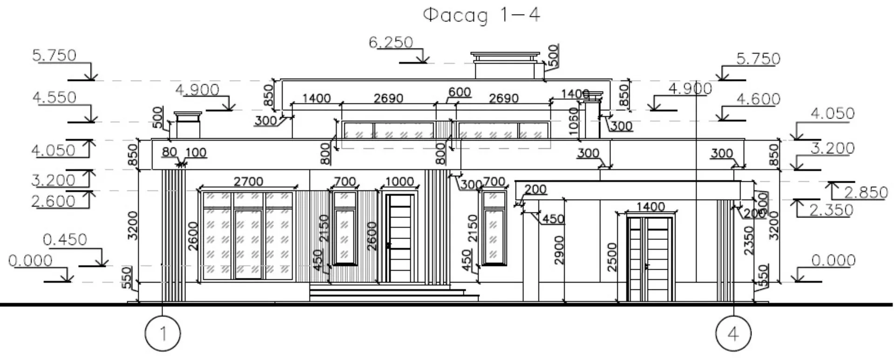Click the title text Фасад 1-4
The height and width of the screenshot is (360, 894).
[481, 15]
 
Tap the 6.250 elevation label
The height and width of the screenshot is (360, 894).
[391, 42]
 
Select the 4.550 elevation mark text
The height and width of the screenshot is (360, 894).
[54, 97]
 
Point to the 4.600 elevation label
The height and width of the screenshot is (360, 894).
[758, 99]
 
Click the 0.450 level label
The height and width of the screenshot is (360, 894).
[65, 240]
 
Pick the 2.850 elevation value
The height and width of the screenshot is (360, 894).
[866, 192]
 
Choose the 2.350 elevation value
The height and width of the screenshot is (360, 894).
[832, 211]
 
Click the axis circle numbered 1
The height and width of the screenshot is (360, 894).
[163, 334]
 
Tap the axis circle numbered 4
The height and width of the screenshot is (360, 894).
[733, 334]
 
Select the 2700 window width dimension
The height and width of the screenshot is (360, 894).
[248, 181]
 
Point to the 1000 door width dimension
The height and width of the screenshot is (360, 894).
[400, 181]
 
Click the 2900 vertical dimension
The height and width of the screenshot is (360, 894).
[559, 250]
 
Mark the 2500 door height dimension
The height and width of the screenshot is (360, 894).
[612, 257]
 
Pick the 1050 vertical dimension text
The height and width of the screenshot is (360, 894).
[574, 121]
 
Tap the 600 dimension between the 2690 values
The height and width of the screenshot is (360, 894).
[459, 92]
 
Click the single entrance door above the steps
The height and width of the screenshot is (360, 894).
[400, 238]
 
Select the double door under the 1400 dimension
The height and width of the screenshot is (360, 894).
[650, 259]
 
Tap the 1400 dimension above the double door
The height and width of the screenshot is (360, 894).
[650, 206]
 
